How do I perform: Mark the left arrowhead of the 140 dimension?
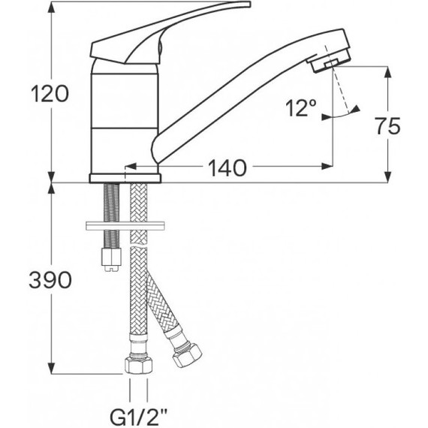click(x=130, y=167)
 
